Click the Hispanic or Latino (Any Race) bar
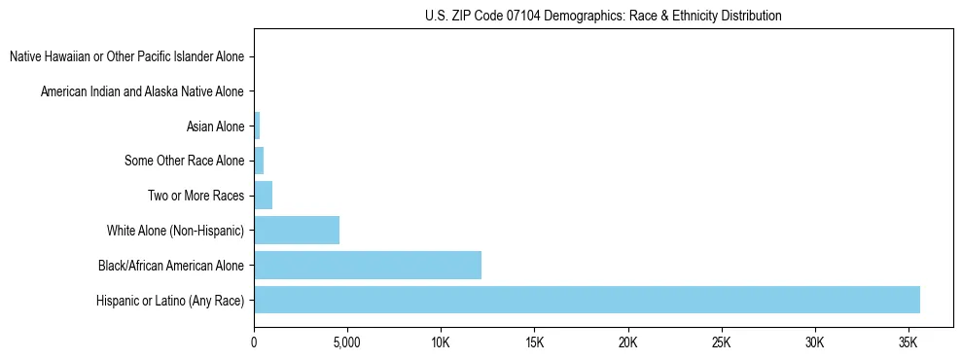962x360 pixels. pos(587,300)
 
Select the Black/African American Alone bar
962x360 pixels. pos(368,265)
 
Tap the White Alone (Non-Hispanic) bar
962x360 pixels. pos(297,230)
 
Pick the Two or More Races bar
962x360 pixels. pos(263,195)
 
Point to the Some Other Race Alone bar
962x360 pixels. pos(259,161)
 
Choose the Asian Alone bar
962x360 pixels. pos(257,126)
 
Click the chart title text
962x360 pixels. pos(603,16)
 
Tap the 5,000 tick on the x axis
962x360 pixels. pos(347,342)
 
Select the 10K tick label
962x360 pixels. pos(441,342)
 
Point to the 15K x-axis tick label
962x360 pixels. pos(534,342)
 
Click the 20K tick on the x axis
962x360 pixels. pos(627,342)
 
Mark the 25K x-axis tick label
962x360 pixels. pos(721,342)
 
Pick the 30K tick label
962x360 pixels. pos(814,342)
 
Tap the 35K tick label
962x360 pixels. pos(908,342)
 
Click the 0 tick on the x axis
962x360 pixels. pos(254,342)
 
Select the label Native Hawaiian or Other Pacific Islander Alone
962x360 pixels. pos(127,56)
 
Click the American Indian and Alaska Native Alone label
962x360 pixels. pos(143,91)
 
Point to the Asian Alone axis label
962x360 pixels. pos(215,126)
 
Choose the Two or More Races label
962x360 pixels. pos(196,196)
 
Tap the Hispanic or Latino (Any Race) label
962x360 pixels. pos(171,300)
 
